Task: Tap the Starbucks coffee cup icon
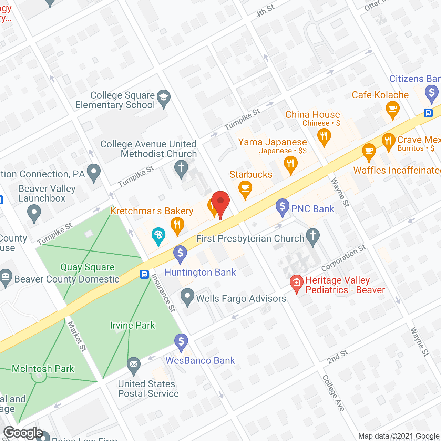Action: (x=245, y=188)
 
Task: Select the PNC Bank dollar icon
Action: (x=283, y=207)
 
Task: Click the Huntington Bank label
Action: (x=200, y=272)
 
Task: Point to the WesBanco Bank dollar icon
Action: (x=181, y=342)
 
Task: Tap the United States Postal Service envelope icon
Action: (x=134, y=365)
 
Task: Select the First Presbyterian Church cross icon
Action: (x=313, y=236)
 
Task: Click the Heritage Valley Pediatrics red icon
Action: (x=296, y=283)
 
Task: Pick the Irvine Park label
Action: (x=132, y=325)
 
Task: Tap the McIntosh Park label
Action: (x=43, y=369)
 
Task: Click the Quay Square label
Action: (x=87, y=267)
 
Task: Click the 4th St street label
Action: (x=265, y=11)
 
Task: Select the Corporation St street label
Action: (x=343, y=258)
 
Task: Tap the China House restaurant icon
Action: (x=324, y=136)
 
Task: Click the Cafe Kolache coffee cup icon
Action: (x=392, y=109)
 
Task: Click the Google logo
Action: (x=23, y=433)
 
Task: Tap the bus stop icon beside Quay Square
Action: (x=144, y=274)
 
